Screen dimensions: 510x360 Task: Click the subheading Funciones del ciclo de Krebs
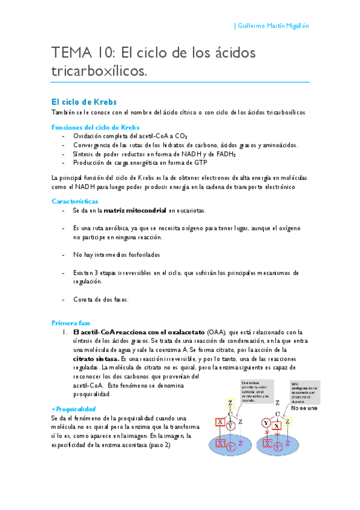[x=96, y=127]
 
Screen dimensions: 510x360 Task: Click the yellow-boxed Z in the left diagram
[x=230, y=402]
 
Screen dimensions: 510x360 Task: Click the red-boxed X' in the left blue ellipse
[x=221, y=444]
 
